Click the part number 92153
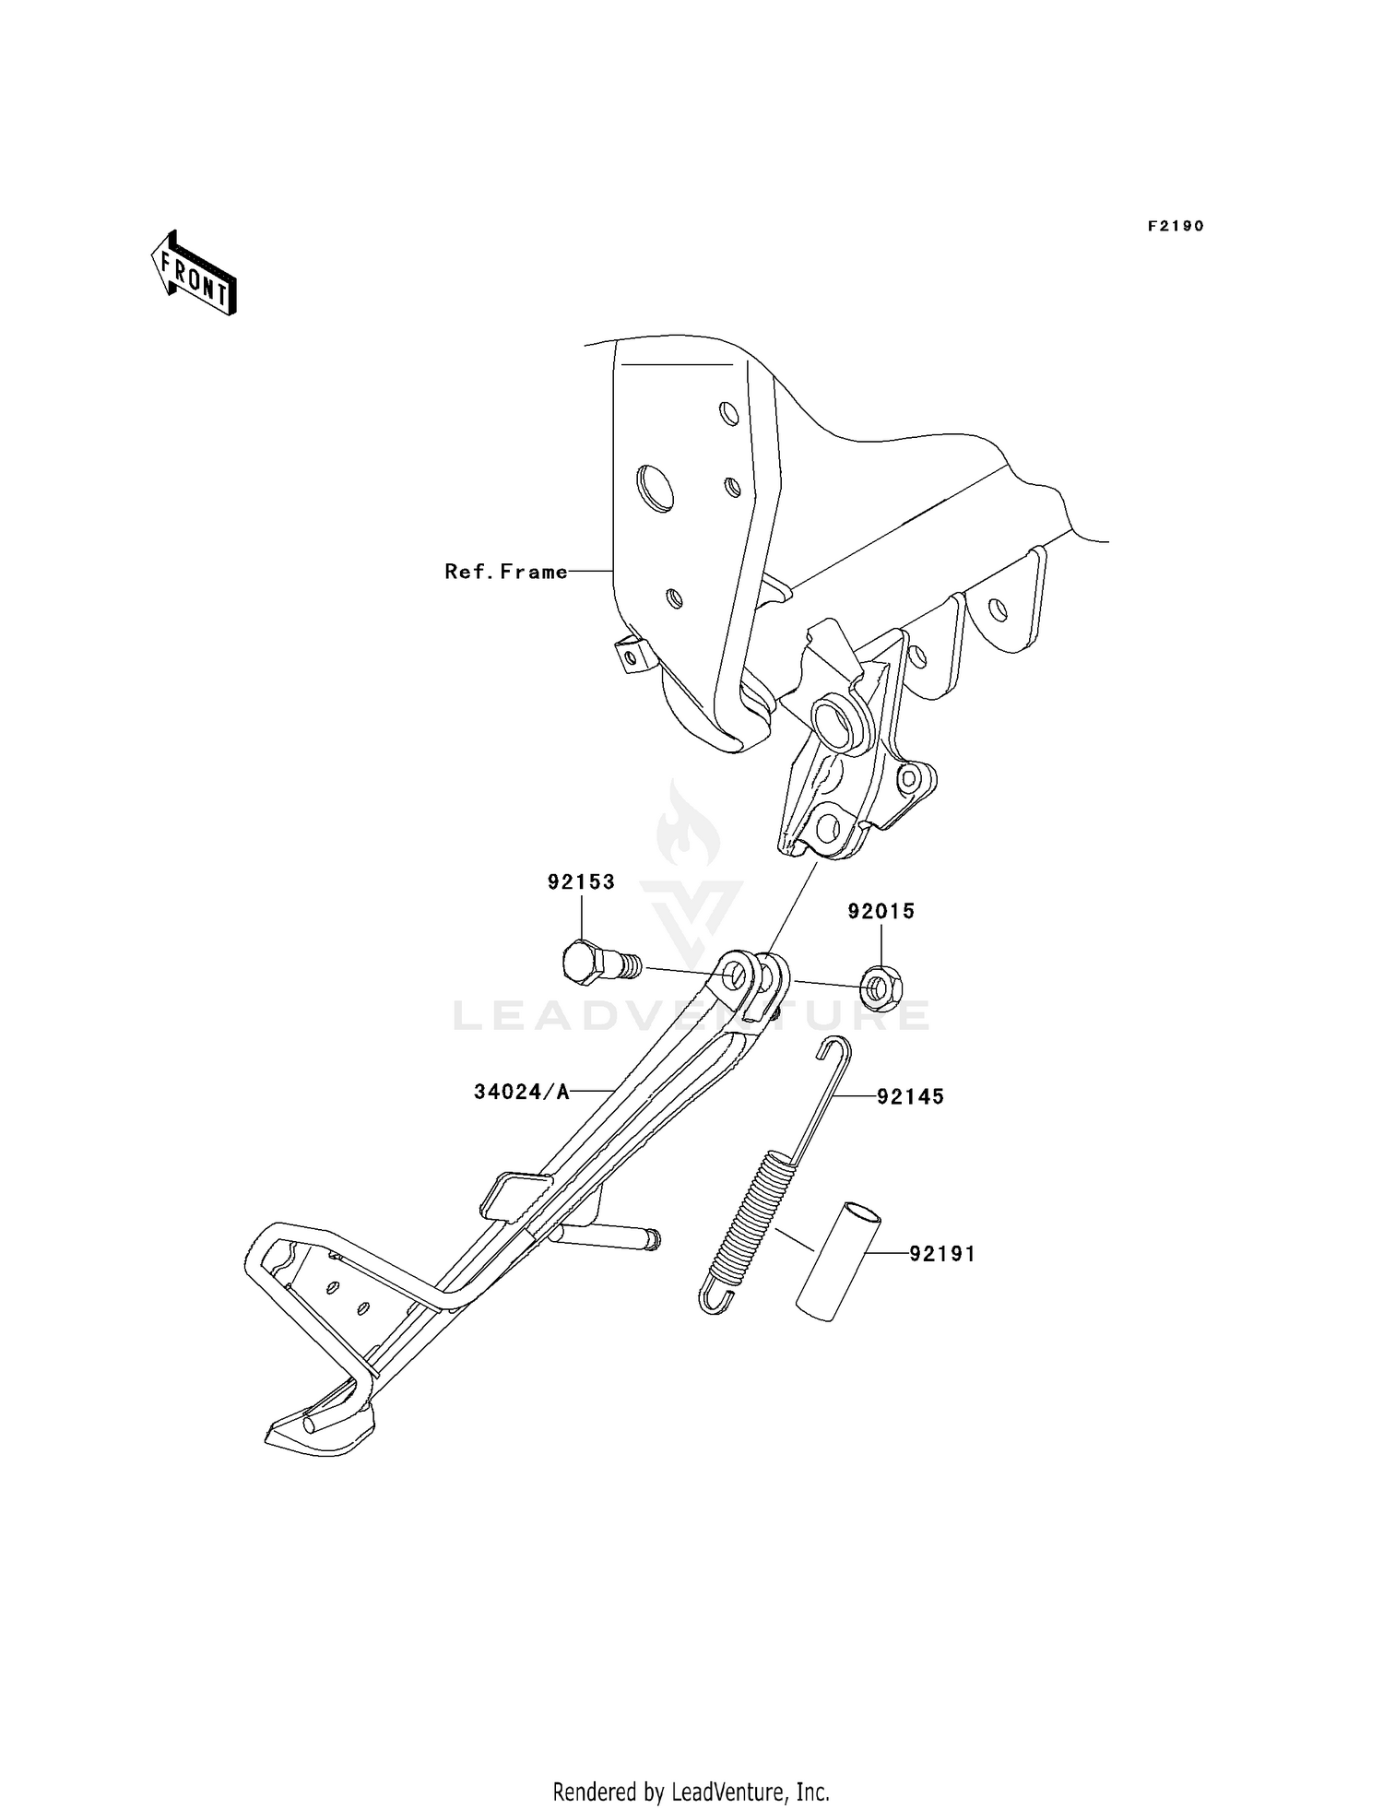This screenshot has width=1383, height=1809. click(x=581, y=881)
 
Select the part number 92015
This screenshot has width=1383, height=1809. click(x=881, y=911)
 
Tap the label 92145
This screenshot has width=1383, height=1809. click(x=910, y=1096)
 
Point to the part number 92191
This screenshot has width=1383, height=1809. click(x=942, y=1254)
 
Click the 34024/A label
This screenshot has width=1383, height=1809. click(x=522, y=1092)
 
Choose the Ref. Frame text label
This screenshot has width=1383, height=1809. click(x=506, y=572)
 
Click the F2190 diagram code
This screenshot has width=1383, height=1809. click(x=1176, y=226)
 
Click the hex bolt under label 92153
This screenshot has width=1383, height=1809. click(x=600, y=964)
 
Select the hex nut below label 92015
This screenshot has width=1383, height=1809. click(x=881, y=989)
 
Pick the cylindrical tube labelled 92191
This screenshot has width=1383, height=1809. click(x=838, y=1260)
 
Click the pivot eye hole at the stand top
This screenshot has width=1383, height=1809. click(x=735, y=975)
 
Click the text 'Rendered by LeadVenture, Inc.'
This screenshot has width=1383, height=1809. click(x=691, y=1791)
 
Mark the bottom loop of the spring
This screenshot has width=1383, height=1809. click(x=713, y=1295)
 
